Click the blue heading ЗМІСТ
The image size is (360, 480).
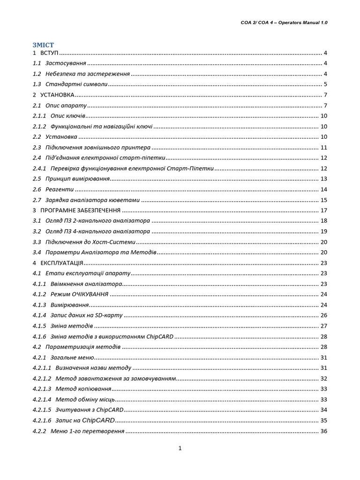[44, 45]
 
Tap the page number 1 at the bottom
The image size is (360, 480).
[180, 448]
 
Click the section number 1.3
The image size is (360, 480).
[37, 84]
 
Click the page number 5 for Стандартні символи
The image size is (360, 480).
[325, 84]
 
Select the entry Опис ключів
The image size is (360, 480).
[68, 116]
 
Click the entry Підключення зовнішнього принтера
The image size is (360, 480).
[98, 147]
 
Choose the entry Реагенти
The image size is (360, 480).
[60, 189]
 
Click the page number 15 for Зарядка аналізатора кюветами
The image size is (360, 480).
[323, 200]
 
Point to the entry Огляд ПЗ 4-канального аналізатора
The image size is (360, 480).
[98, 232]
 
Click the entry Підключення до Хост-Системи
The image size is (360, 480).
[90, 242]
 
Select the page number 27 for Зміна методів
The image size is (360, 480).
[323, 326]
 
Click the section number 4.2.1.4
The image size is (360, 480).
[42, 399]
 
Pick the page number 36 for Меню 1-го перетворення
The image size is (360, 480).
[323, 431]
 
